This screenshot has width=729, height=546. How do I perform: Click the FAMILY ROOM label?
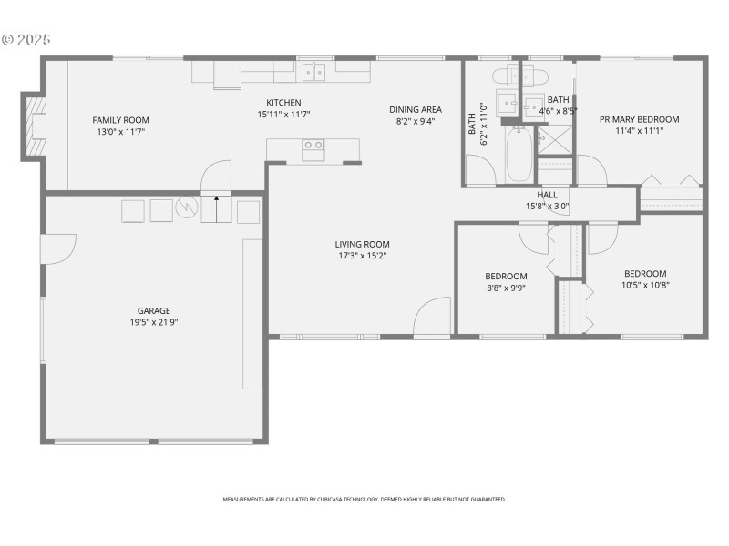coord(120,120)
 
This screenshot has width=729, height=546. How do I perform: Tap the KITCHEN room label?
coord(283,103)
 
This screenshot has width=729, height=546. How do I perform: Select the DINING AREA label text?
coord(415,109)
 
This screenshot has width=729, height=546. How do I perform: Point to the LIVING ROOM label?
coord(362,244)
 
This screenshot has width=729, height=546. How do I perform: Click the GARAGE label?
coord(154,310)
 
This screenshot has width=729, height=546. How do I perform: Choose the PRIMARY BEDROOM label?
coord(639,119)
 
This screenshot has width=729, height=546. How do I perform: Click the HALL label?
coord(547,194)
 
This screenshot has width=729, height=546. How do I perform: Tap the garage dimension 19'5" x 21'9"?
coord(154,322)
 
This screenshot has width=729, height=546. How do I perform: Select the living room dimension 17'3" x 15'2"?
coord(362,256)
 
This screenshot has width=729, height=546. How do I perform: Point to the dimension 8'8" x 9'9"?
coord(506,288)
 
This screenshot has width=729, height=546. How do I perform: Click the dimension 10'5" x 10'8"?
coord(644,285)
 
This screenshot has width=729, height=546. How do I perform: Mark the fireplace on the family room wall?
coord(36,126)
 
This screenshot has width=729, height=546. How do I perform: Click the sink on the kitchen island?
coord(313,146)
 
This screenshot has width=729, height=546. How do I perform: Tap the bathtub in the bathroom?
coord(519,154)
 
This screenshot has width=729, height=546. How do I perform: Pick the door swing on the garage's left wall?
coord(58,248)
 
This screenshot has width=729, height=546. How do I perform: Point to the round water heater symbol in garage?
coord(187,208)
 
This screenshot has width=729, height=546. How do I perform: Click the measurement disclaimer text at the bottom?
coord(364,499)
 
